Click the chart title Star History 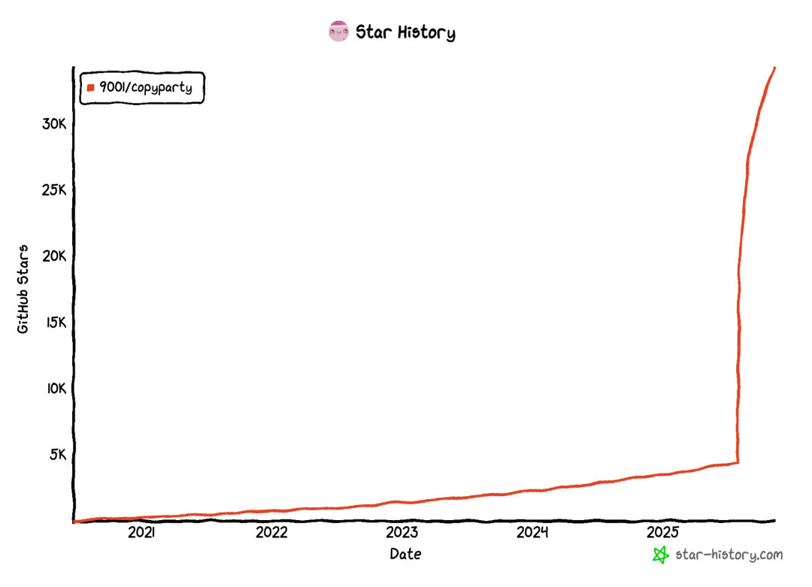(x=405, y=32)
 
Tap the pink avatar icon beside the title (x=338, y=32)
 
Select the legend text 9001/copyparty (x=146, y=88)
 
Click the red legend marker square (x=90, y=88)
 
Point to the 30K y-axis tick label (x=54, y=123)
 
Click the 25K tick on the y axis (x=54, y=189)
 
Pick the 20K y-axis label (x=54, y=256)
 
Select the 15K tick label (x=55, y=322)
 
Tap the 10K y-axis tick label (x=55, y=389)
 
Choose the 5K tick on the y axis (x=59, y=455)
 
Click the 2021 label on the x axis (x=141, y=533)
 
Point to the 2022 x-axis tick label (x=271, y=533)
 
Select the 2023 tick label (x=402, y=533)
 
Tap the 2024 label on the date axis (x=532, y=533)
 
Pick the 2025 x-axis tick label (x=663, y=533)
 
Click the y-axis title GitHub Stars (x=23, y=289)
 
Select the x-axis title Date (x=405, y=555)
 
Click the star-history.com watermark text (x=729, y=555)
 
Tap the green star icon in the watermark (x=660, y=555)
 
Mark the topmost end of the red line (x=774, y=68)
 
